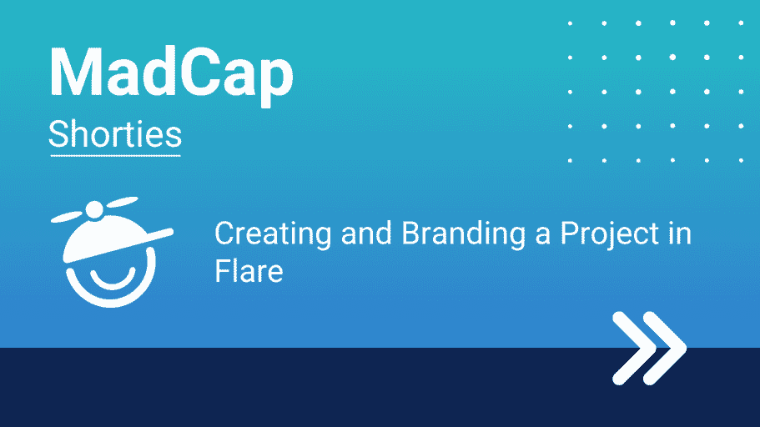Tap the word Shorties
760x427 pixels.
tap(115, 134)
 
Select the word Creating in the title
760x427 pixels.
tap(273, 235)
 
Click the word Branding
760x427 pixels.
tap(464, 235)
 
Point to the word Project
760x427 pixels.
tap(609, 235)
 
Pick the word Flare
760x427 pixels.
tap(249, 270)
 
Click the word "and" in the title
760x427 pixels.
tap(366, 234)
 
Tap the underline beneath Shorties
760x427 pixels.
tap(115, 156)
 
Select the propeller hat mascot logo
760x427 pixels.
tap(112, 252)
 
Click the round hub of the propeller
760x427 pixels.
tap(94, 210)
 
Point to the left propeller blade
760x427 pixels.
tap(68, 216)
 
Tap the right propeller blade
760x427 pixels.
tap(122, 202)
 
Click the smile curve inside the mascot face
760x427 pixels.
tap(113, 283)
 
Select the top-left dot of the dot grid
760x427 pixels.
tap(570, 23)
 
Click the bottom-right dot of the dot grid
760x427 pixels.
tap(741, 160)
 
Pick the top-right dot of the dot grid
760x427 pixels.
tap(741, 23)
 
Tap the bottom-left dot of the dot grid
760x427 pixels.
tap(570, 160)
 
